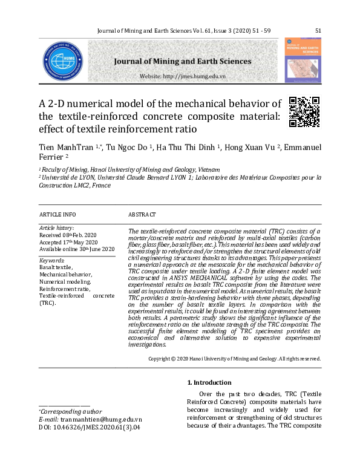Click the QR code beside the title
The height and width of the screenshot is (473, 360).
304,111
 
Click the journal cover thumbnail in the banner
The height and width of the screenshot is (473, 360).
303,60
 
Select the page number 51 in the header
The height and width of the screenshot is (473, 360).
318,30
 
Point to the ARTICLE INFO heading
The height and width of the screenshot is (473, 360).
57,215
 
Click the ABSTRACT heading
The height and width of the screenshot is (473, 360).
142,215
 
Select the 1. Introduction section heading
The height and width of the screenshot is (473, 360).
209,382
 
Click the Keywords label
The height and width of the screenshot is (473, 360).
51,260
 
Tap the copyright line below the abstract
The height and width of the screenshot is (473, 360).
235,358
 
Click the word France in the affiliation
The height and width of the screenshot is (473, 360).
101,185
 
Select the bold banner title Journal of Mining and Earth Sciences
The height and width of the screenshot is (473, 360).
182,61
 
